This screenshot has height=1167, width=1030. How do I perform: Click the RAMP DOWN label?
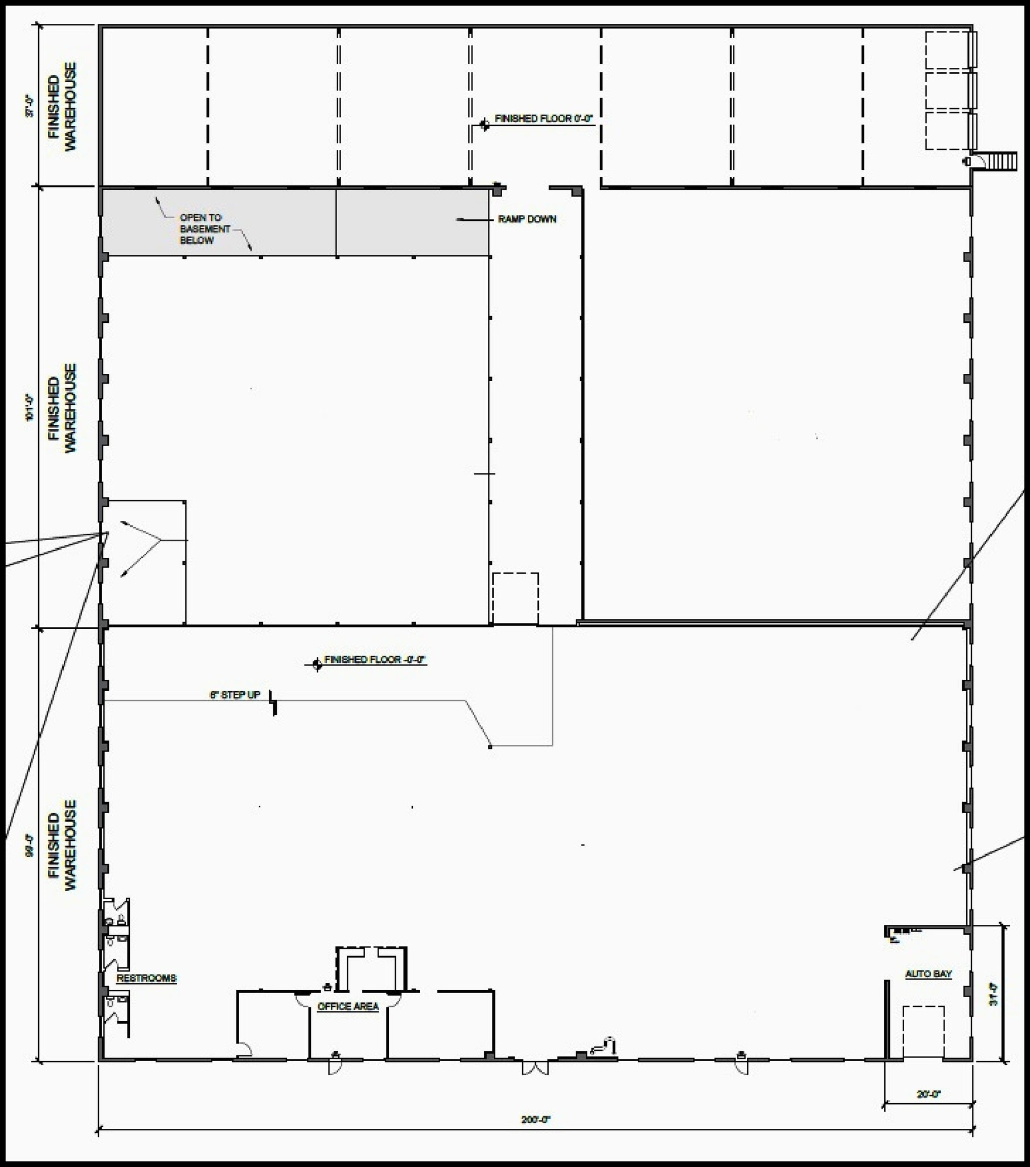tap(526, 219)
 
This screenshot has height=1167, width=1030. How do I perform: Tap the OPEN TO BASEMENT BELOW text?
tap(204, 229)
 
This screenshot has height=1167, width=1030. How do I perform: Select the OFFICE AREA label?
tap(347, 1006)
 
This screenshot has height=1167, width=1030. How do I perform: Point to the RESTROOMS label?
tap(147, 978)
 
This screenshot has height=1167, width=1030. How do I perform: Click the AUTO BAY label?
tap(929, 974)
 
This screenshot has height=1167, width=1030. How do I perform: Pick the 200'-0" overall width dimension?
tap(535, 1120)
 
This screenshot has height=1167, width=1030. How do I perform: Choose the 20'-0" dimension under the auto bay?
tap(929, 1094)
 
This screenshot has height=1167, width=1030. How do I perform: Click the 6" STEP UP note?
tap(235, 695)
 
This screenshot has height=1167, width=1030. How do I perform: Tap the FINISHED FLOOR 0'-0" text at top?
tap(543, 119)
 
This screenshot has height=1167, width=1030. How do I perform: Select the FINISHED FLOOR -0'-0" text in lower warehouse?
tap(375, 659)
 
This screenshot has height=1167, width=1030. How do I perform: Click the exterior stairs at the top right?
tap(1002, 161)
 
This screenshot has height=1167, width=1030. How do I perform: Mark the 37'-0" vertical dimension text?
tap(30, 107)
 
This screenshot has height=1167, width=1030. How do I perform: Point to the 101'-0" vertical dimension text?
tap(30, 407)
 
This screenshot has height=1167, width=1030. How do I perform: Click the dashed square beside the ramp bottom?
tap(515, 598)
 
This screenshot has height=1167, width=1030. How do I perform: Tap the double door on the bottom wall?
tap(535, 1068)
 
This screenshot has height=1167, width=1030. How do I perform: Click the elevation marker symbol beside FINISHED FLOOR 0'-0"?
tap(485, 124)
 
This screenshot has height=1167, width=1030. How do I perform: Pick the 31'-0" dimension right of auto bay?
tap(994, 993)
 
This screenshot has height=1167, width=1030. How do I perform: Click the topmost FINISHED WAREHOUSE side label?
tap(61, 107)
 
